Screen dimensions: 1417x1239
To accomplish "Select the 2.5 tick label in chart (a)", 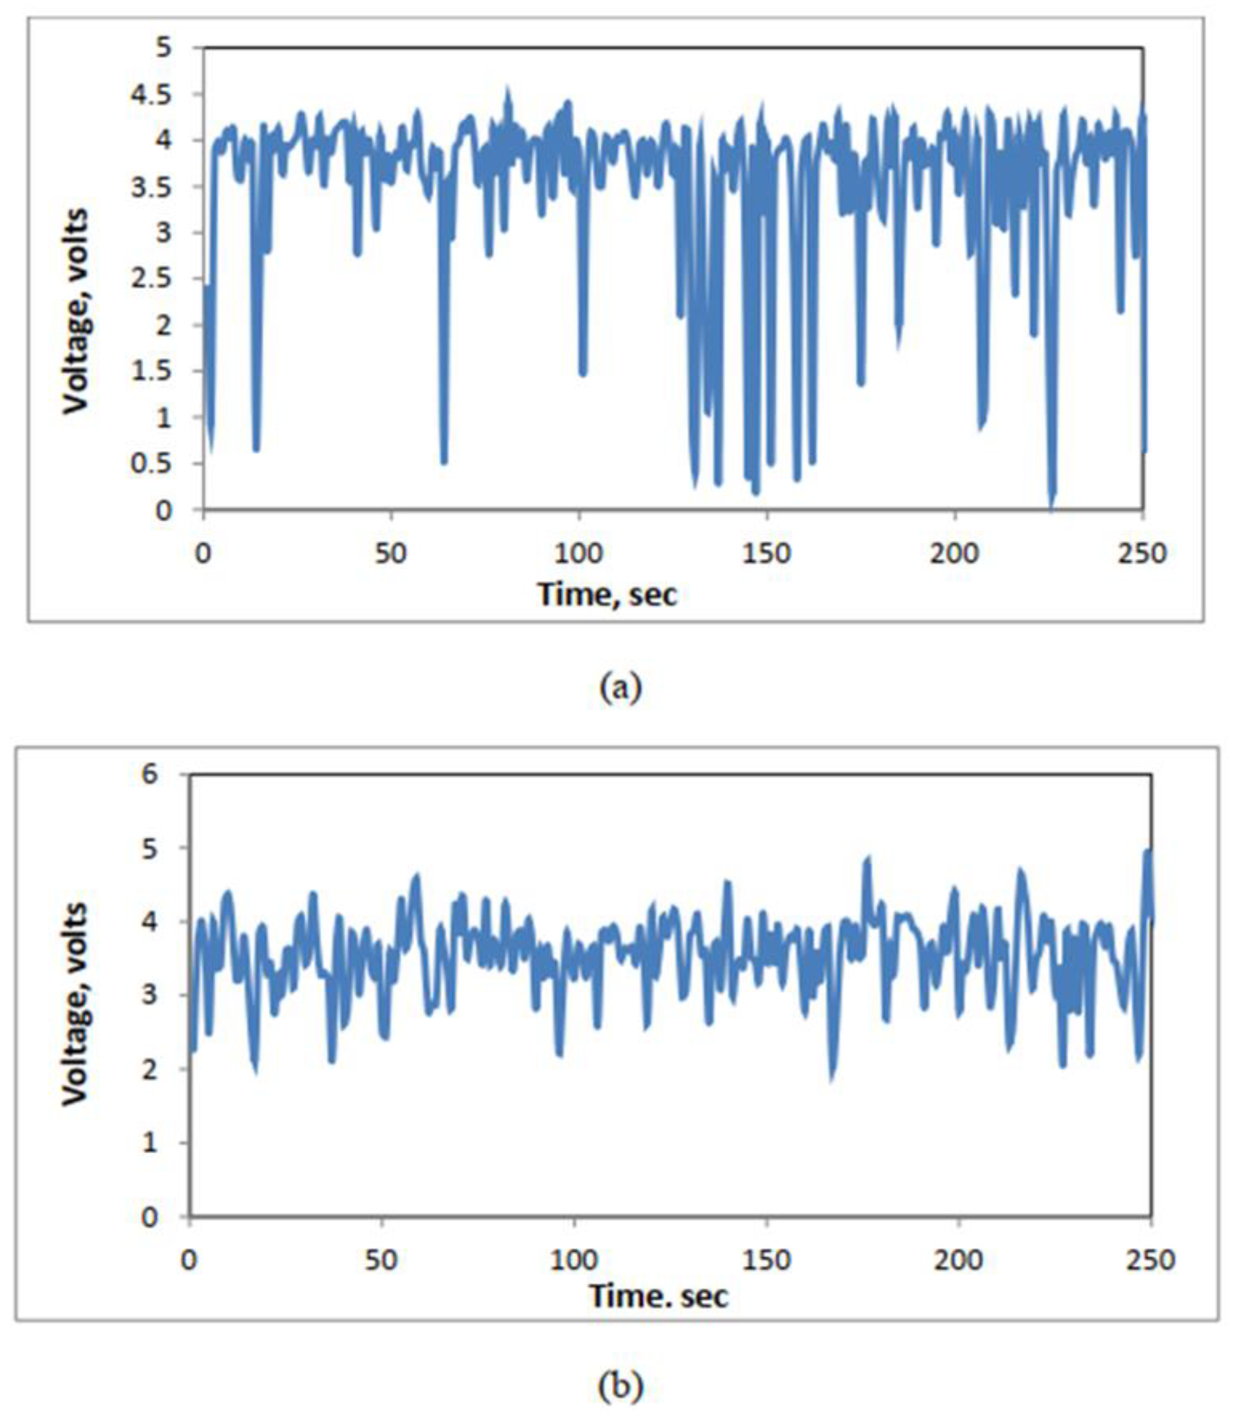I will coord(152,279).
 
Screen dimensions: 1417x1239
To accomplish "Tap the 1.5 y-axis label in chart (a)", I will coord(152,371).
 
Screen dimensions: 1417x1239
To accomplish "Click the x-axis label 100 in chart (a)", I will coord(579,552).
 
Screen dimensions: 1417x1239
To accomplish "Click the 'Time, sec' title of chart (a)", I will coord(607,593).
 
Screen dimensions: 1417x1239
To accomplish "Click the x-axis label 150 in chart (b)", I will coord(769,1260).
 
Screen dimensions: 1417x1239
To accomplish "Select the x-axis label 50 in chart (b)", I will coord(382,1260).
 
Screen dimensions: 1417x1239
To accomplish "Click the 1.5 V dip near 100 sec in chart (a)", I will coord(583,372).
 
